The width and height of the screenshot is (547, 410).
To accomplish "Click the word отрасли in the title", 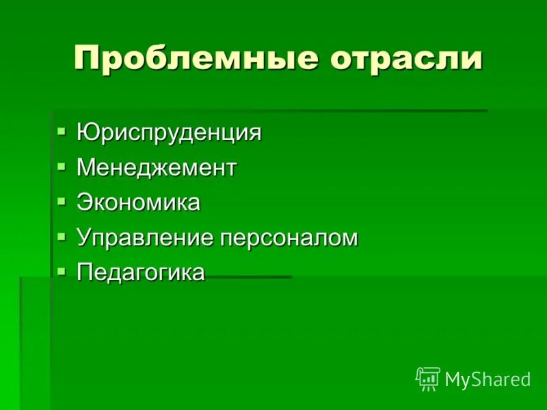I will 407,59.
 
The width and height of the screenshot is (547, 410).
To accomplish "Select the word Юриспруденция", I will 169,132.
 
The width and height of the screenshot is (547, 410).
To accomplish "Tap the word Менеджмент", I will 157,167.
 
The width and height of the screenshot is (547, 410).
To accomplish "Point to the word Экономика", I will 138,202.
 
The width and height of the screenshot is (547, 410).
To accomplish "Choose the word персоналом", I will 289,238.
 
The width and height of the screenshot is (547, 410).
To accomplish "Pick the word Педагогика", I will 140,272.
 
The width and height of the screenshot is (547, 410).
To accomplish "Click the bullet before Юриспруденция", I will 62,129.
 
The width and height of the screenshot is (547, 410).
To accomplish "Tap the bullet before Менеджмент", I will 62,165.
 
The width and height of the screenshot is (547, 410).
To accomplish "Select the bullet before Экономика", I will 62,200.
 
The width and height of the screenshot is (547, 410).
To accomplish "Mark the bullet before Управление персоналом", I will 62,236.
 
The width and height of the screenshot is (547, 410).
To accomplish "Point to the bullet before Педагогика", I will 62,271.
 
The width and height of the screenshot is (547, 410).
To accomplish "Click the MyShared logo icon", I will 428,379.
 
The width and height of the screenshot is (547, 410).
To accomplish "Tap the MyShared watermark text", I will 488,380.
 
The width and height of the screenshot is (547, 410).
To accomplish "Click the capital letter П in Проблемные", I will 85,59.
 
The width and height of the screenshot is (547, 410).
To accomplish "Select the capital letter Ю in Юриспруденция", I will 87,132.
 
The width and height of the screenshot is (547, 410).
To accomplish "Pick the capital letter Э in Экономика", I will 84,202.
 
